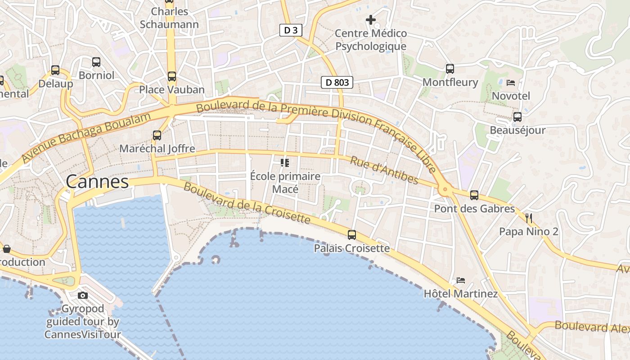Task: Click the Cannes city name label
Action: pyautogui.click(x=97, y=182)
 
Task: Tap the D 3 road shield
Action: pyautogui.click(x=291, y=30)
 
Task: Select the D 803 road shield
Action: pyautogui.click(x=337, y=82)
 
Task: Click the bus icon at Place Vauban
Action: pyautogui.click(x=171, y=76)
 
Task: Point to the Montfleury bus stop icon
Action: pyautogui.click(x=450, y=69)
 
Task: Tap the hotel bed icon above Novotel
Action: pyautogui.click(x=511, y=83)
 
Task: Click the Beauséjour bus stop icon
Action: pyautogui.click(x=517, y=117)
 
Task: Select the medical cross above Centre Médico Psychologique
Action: pyautogui.click(x=371, y=20)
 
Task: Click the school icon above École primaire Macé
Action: pyautogui.click(x=285, y=163)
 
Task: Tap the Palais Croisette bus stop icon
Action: pyautogui.click(x=352, y=234)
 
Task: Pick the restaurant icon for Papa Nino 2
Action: pyautogui.click(x=529, y=219)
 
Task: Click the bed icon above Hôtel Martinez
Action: pyautogui.click(x=460, y=280)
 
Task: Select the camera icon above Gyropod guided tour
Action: pyautogui.click(x=83, y=296)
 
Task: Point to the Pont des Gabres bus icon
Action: pyautogui.click(x=474, y=195)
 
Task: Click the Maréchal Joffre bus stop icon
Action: pyautogui.click(x=157, y=135)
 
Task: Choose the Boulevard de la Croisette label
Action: pyautogui.click(x=247, y=203)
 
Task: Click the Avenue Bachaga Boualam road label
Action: pyautogui.click(x=85, y=138)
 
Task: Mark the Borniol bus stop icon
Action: pyautogui.click(x=96, y=62)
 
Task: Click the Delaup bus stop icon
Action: pyautogui.click(x=55, y=70)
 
